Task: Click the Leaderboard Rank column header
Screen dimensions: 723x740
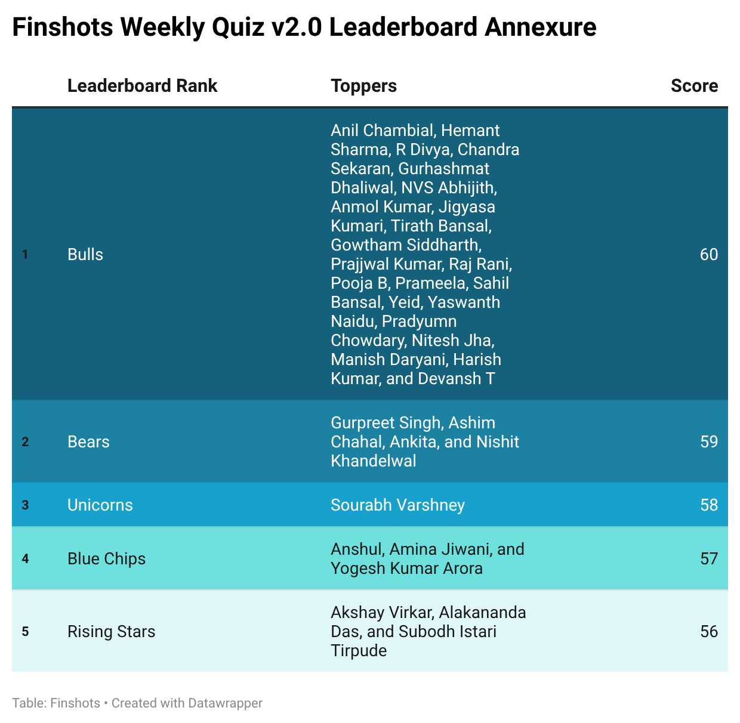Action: point(142,86)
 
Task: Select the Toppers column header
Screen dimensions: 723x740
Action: point(363,86)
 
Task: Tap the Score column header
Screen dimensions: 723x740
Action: point(694,86)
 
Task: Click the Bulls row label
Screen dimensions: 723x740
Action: point(85,255)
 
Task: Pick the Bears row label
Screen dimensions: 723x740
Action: point(88,442)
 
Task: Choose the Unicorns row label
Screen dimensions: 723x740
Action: point(100,505)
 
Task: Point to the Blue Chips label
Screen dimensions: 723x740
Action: point(107,559)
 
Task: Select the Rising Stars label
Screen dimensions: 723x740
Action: point(112,632)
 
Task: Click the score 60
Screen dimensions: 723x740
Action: point(709,255)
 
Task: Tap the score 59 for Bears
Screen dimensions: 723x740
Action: point(709,442)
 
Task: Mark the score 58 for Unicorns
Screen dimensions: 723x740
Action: point(709,505)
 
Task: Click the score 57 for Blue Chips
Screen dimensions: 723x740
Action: point(709,559)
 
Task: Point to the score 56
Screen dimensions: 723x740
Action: point(709,632)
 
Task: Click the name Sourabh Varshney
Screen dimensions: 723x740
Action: point(397,505)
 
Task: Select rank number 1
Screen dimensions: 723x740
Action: point(25,255)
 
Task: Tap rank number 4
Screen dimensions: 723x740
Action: point(25,559)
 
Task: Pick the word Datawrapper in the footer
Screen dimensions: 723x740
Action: point(224,703)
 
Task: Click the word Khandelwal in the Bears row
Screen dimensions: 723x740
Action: point(374,461)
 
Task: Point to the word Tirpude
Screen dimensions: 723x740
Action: point(359,651)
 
